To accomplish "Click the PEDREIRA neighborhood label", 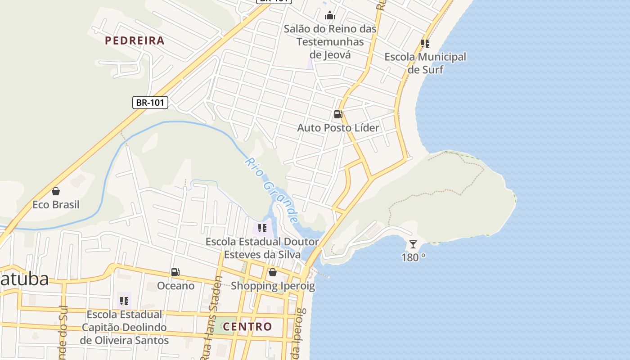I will coord(135,40).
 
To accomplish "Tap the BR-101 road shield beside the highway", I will coord(150,103).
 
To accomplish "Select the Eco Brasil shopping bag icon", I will coord(56,191).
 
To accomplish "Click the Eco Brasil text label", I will coord(56,205).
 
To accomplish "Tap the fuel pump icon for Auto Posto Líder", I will coord(338,114).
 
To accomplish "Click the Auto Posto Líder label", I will coord(338,128).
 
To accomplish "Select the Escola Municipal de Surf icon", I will coord(425,44).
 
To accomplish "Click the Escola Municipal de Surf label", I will coord(425,63).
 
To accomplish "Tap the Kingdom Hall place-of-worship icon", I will coord(330,16).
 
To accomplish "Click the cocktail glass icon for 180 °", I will coord(413,244).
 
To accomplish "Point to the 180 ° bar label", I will coord(413,257).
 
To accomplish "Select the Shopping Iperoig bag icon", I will coord(272,272).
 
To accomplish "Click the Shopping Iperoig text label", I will coord(273,286).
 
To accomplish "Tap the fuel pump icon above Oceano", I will coord(175,272).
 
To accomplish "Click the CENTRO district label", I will coord(247,326).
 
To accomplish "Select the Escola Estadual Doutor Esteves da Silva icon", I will coord(262,228).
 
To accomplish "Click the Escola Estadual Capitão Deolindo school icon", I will coord(124,301).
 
